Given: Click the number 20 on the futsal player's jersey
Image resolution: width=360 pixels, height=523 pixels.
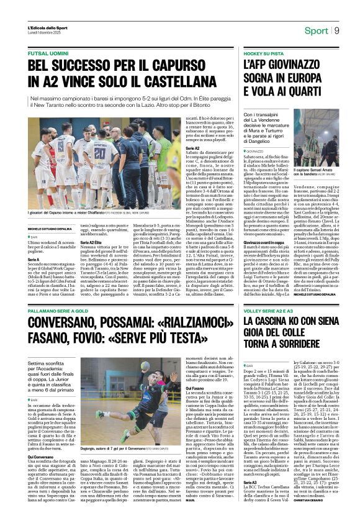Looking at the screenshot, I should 99,153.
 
